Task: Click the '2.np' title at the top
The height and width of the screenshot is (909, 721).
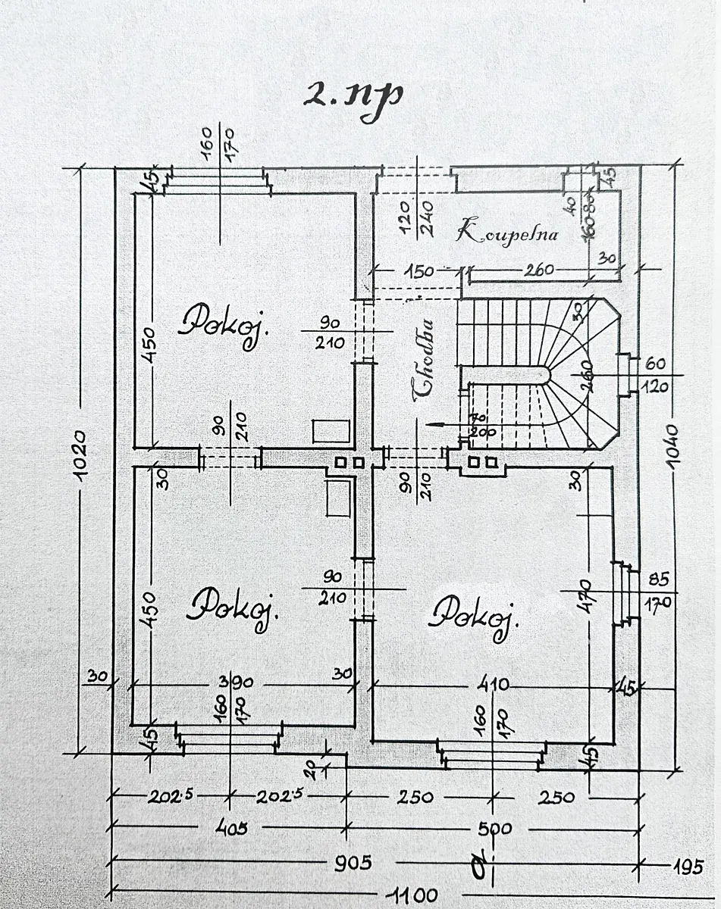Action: [352, 95]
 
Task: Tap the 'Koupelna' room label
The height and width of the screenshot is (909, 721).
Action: [507, 232]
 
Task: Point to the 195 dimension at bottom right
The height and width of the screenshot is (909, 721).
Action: [687, 864]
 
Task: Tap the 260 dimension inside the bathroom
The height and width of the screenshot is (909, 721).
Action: [538, 270]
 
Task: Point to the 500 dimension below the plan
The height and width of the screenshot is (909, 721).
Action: [496, 829]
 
